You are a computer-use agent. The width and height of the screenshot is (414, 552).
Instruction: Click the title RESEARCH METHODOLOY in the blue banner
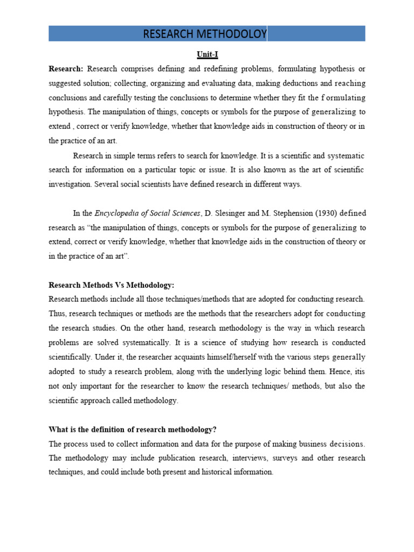(x=205, y=34)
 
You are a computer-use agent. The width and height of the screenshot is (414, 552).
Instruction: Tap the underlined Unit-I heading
(x=206, y=54)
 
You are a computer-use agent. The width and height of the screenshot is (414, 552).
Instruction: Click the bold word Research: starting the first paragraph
(x=66, y=69)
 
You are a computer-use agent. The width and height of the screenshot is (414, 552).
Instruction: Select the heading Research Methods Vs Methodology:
(x=112, y=285)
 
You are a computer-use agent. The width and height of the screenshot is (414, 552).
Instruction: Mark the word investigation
(x=70, y=184)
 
